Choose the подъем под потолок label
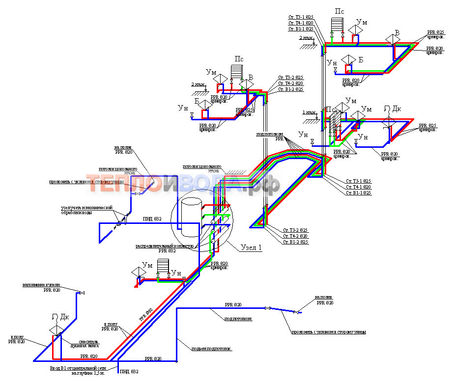coord(212,349)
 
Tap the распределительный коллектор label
coord(166,246)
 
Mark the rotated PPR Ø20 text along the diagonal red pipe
coord(146,314)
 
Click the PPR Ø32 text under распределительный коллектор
coord(167,250)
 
